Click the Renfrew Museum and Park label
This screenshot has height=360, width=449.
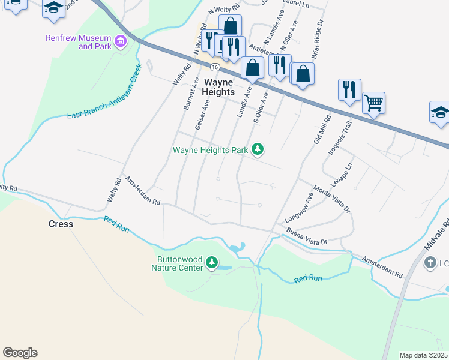click(x=78, y=42)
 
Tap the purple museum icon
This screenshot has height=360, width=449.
click(x=121, y=41)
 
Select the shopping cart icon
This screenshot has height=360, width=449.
click(x=373, y=103)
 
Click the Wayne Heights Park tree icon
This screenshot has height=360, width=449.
click(x=258, y=149)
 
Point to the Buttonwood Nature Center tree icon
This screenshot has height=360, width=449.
click(x=211, y=262)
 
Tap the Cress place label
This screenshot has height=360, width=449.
click(x=61, y=224)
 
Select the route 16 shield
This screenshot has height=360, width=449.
click(x=214, y=66)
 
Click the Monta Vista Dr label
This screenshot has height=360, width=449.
click(x=331, y=200)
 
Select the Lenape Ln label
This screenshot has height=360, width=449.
click(x=340, y=173)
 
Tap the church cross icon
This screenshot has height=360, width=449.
click(x=430, y=262)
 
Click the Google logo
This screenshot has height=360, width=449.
click(x=20, y=352)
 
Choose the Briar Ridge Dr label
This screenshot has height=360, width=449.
click(x=315, y=35)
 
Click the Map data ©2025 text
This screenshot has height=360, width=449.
click(x=423, y=355)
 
